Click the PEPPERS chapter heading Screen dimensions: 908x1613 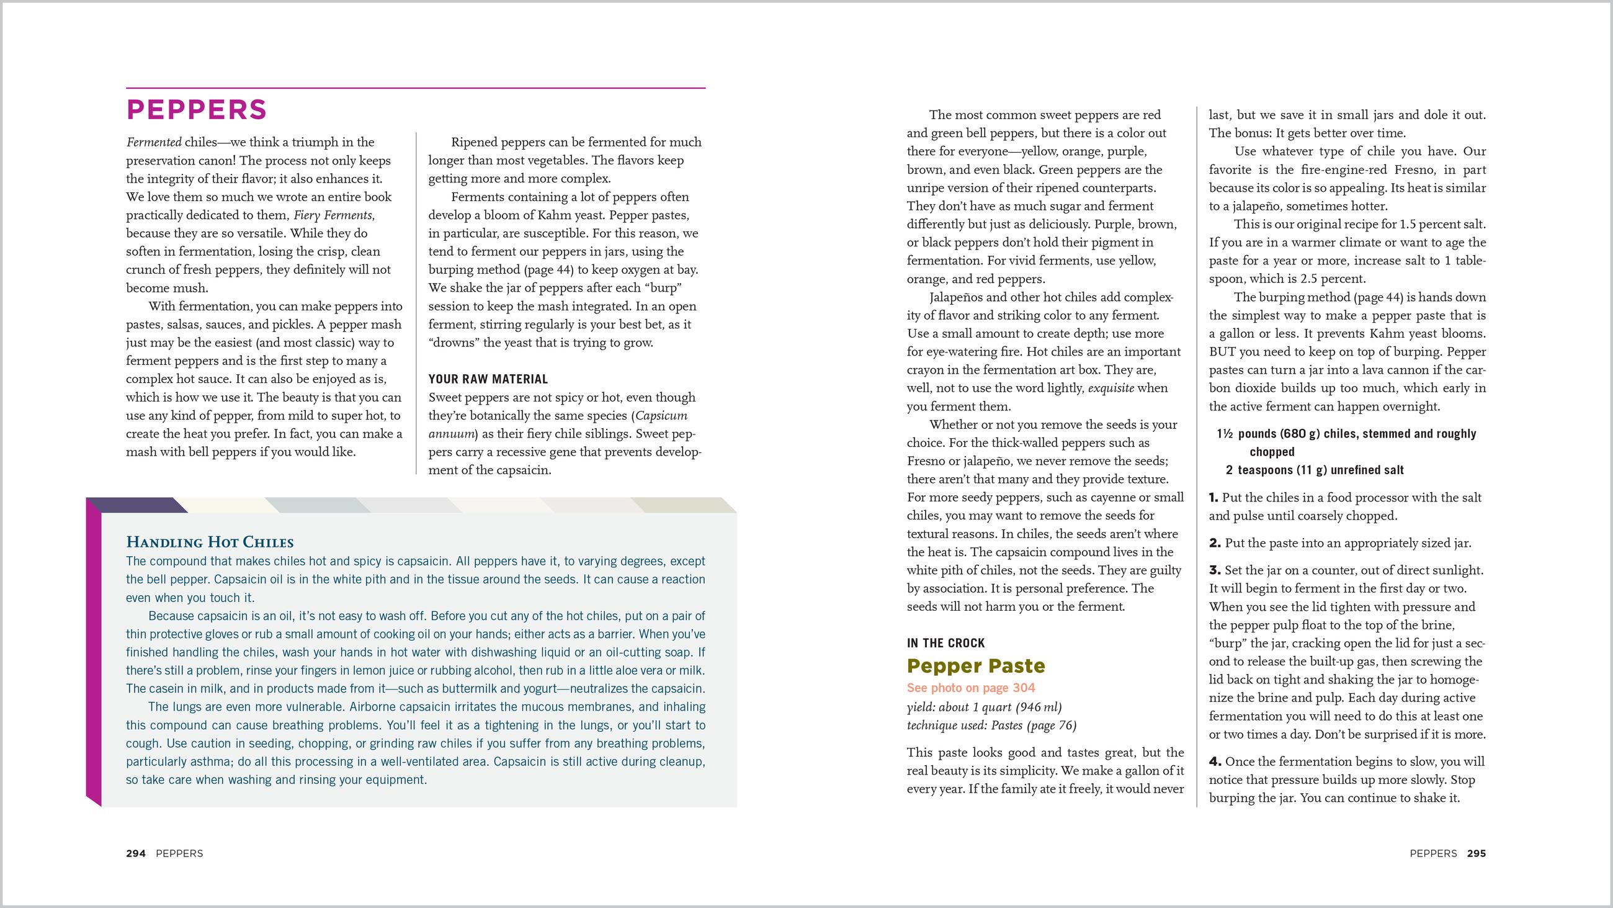(197, 110)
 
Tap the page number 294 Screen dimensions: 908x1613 (136, 853)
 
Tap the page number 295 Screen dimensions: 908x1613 (1476, 853)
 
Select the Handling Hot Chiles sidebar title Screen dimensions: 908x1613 (210, 542)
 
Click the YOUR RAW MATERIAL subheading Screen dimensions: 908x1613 (488, 379)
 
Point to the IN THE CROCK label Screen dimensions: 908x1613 (945, 643)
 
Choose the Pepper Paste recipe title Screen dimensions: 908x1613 (976, 665)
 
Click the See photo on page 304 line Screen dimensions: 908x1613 (970, 688)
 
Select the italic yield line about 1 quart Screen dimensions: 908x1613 (985, 708)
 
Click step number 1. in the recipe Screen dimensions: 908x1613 (1213, 498)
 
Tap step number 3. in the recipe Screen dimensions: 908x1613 (1215, 571)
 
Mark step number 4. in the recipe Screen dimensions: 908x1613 (1215, 762)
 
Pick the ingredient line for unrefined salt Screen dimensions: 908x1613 (1315, 470)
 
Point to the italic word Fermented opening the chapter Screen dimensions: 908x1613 (153, 142)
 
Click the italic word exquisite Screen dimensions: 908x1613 (1111, 389)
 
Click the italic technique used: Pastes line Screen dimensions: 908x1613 (991, 726)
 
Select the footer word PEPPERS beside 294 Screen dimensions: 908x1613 (179, 853)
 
